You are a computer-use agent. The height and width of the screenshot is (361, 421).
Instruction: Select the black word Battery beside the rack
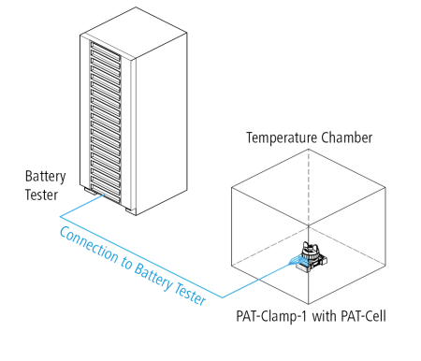45,176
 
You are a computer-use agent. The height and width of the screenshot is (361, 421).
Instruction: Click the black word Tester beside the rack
41,195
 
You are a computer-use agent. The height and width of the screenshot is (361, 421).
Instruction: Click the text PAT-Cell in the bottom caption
362,317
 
